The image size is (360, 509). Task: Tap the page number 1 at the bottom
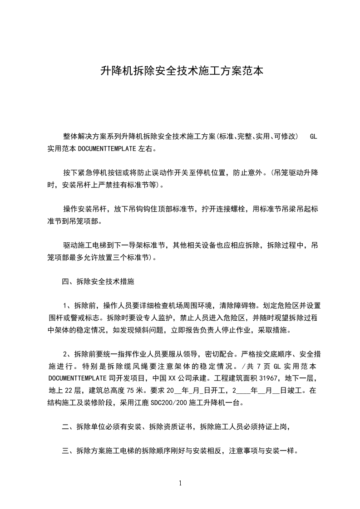(180, 483)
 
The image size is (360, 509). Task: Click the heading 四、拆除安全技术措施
(98, 282)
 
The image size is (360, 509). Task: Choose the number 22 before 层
(69, 390)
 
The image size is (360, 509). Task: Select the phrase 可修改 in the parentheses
(286, 137)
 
